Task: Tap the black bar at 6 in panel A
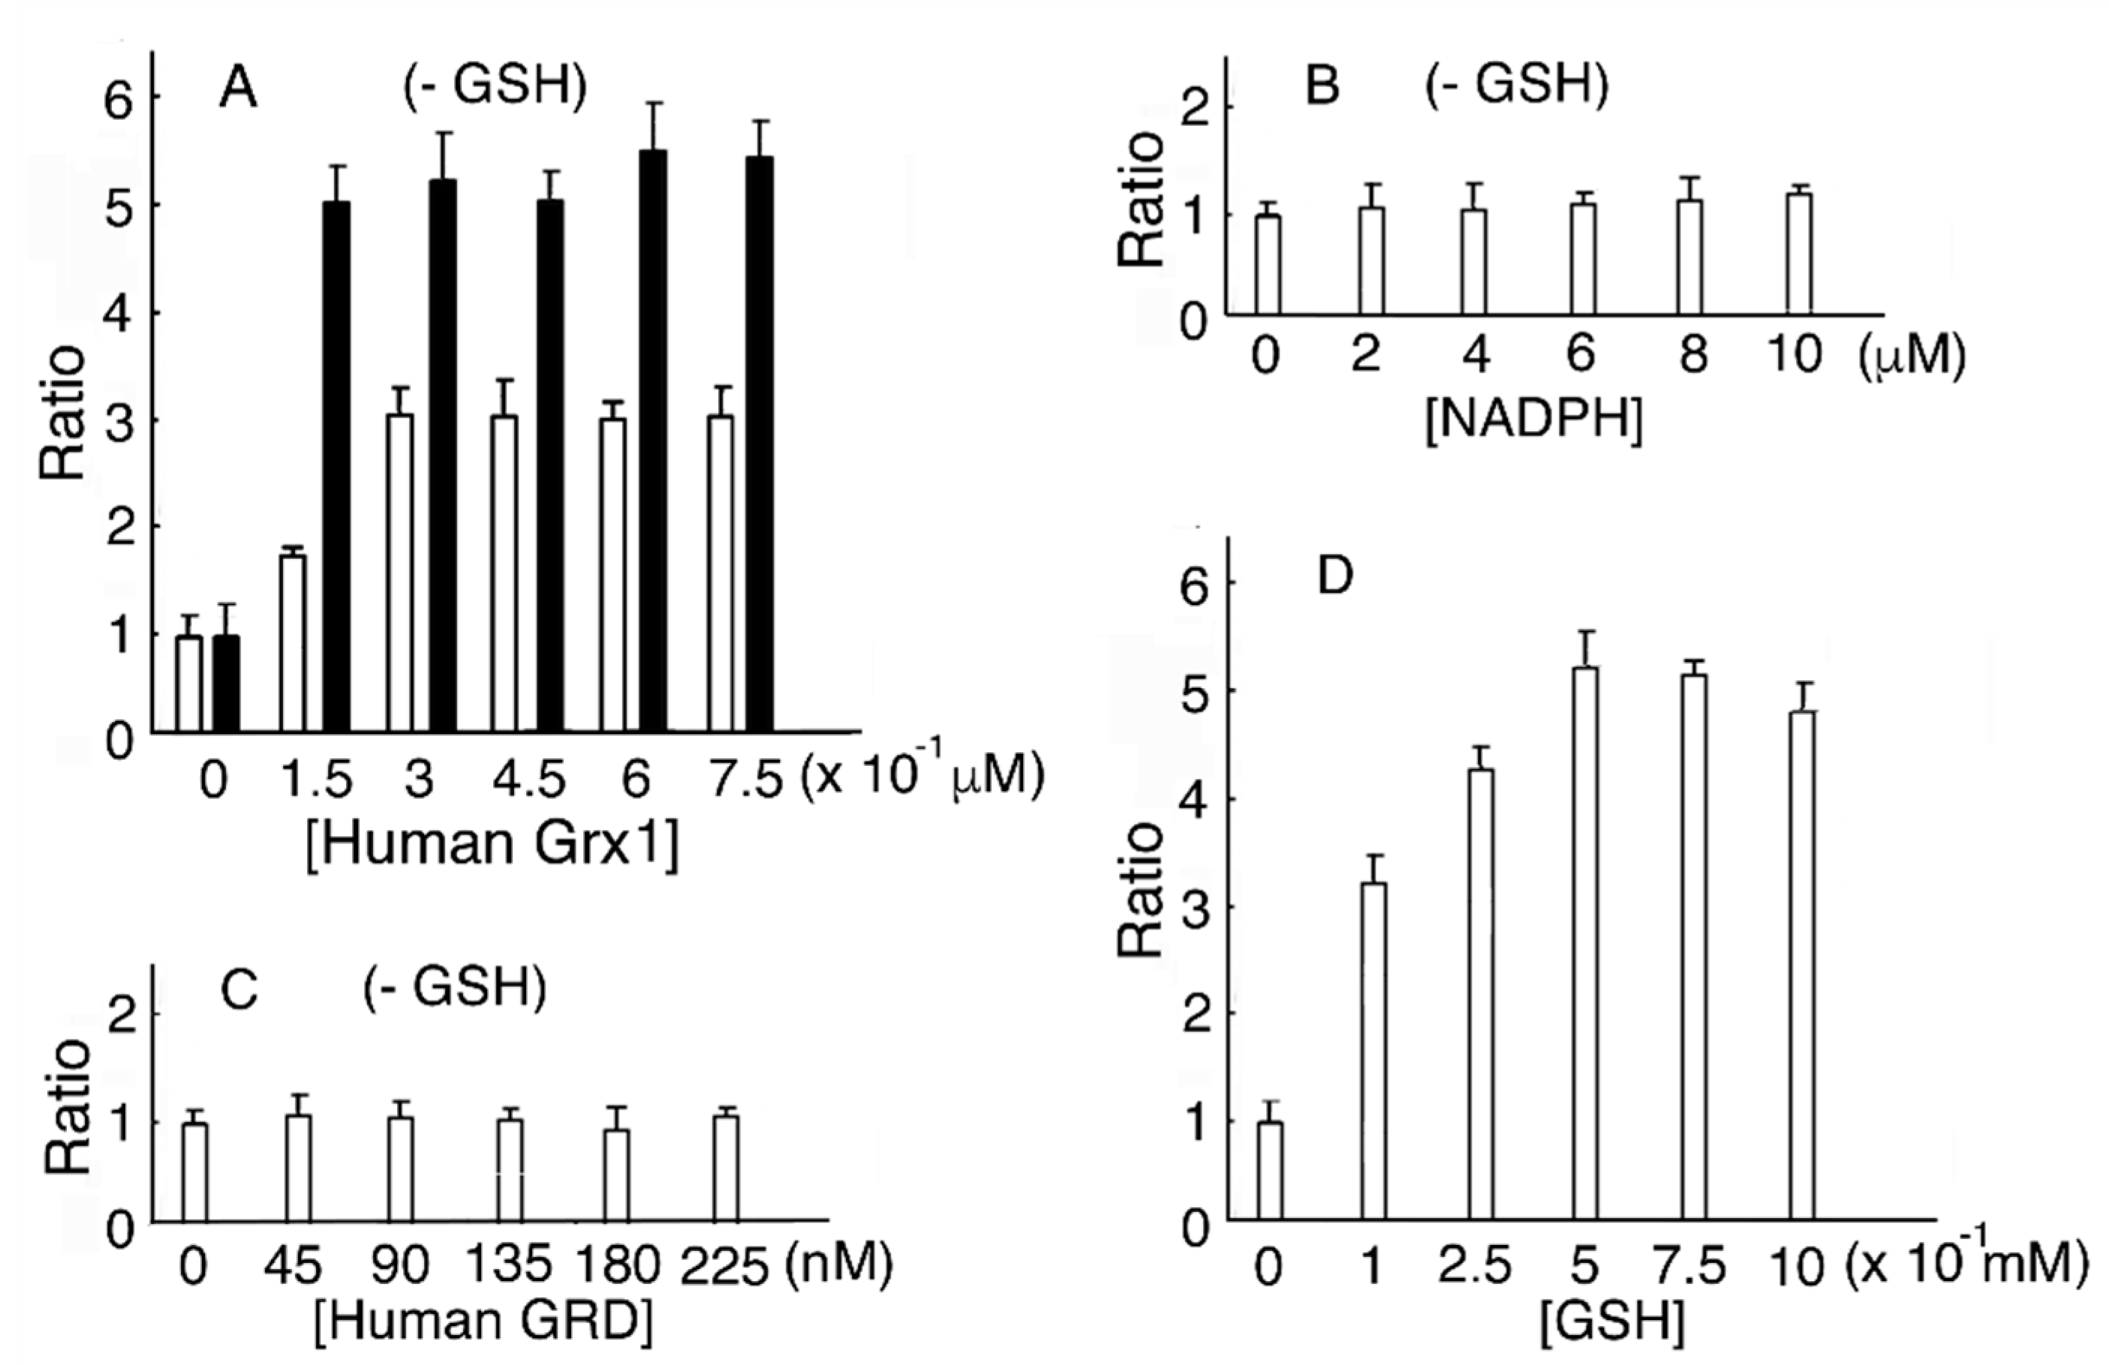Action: (653, 441)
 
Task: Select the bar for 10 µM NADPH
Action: (1799, 253)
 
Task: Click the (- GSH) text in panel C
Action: (455, 988)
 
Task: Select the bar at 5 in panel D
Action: (1584, 943)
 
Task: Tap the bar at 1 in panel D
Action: (1373, 1051)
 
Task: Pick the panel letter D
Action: (1334, 577)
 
